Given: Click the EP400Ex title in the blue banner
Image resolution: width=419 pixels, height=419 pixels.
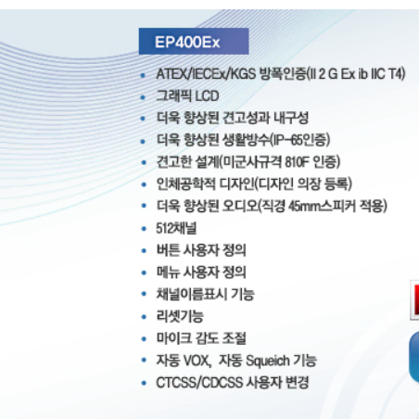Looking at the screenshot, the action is coord(187,42).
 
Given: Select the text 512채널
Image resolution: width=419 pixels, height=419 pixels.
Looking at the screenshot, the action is coord(176,228).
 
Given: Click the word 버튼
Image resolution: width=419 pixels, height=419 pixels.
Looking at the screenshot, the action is coord(168,250).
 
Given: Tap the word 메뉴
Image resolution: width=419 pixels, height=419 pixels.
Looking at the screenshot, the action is coord(168,273).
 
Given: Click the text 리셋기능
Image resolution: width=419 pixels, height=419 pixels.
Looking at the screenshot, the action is coord(180,316).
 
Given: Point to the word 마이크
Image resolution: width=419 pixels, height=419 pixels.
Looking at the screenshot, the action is coord(174,338).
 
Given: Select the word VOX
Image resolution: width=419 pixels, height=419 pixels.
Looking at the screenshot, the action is coord(197,361).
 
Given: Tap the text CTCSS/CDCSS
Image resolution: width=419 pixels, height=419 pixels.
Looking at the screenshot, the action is coord(199,383).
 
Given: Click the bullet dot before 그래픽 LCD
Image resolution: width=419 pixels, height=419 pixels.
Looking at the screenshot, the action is coord(143,97).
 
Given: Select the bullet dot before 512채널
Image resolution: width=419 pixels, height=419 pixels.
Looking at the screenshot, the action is coord(144,229).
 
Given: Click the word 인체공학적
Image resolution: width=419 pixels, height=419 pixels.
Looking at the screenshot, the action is coord(186,184).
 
